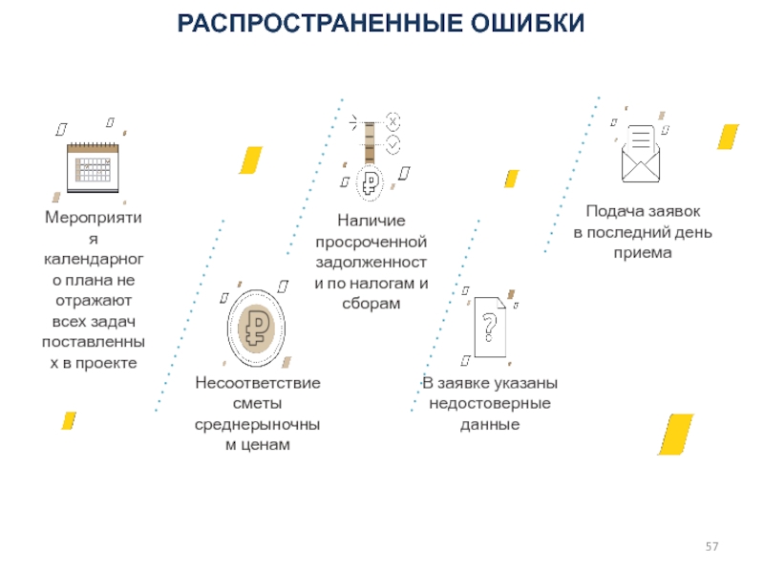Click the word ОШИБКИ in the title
[x=527, y=23]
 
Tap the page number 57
[x=711, y=546]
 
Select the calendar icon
[x=93, y=167]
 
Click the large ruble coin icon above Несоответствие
[x=256, y=328]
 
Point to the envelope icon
[x=641, y=154]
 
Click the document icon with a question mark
[x=490, y=327]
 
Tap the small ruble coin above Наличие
[x=371, y=182]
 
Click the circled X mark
[x=393, y=121]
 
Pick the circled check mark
[x=393, y=145]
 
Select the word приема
[x=643, y=253]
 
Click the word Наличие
[x=371, y=221]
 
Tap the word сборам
[x=371, y=304]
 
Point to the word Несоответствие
[x=258, y=383]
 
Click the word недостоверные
[x=490, y=403]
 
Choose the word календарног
[x=94, y=259]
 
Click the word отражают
[x=94, y=301]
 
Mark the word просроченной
[x=371, y=242]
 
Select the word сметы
[x=257, y=403]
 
